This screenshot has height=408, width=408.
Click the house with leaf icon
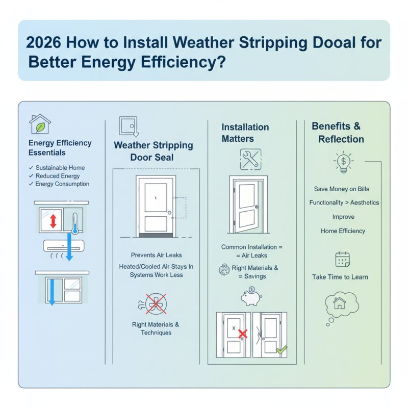[x=40, y=124]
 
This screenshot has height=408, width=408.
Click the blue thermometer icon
[x=75, y=223]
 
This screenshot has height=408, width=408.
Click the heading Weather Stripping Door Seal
[x=153, y=151]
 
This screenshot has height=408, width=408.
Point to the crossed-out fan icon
[x=155, y=304]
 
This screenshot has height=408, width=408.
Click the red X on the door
[x=243, y=335]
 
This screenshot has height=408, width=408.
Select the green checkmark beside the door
[x=281, y=350]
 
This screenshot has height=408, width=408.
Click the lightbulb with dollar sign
[x=341, y=162]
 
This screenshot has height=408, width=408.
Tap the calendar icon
[x=341, y=260]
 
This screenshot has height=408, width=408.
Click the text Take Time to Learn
[x=340, y=277]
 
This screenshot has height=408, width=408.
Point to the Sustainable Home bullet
[x=60, y=168]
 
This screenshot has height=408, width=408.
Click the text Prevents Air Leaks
[x=156, y=254]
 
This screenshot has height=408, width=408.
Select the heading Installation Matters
[x=245, y=133]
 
